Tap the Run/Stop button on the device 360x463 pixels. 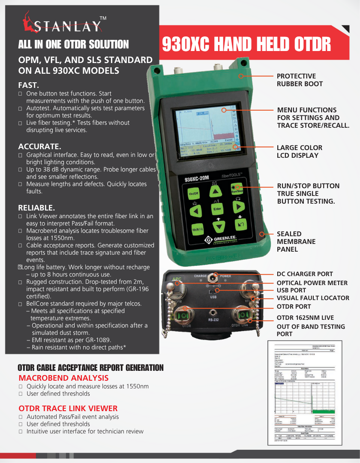237,190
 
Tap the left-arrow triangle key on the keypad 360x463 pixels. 195,211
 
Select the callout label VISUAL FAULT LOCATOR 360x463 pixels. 313,298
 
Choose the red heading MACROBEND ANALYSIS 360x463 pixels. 63,378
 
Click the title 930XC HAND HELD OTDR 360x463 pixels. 246,44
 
